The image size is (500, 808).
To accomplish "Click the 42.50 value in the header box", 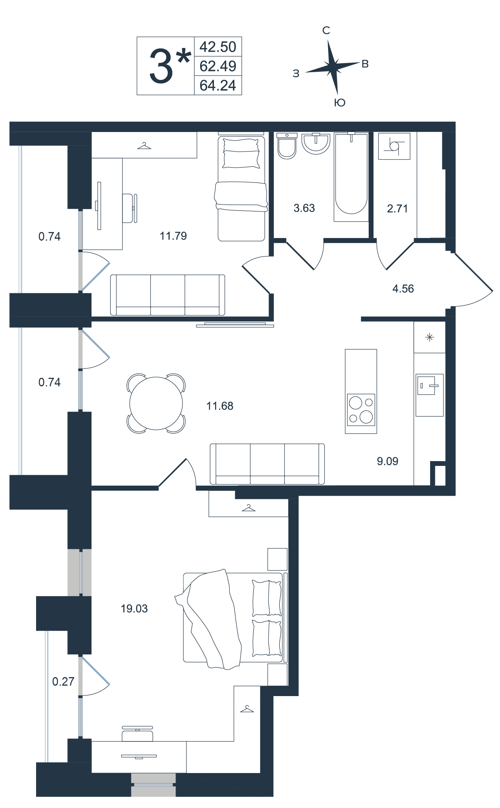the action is pos(218,47).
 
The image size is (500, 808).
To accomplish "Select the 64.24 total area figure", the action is pos(218,86).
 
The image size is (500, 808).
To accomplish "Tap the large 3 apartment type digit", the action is pos(161,67).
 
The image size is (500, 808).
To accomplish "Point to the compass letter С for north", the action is pos(326,30).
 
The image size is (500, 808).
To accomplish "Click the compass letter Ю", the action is pos(340,103).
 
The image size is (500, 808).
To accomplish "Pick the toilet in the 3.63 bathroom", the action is pos(287,146).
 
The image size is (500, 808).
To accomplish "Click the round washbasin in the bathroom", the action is pos(316,144).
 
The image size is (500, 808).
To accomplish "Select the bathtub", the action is pos(351,177).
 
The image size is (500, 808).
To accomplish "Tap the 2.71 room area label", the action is pos(397,209).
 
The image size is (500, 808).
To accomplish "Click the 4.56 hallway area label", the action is pos(403,289).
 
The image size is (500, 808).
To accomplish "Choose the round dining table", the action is pos(156,403).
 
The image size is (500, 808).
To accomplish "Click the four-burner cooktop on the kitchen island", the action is pos(361,409).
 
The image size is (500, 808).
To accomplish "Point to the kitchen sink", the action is pos(430,395).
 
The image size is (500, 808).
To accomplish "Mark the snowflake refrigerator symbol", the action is pos(430,338).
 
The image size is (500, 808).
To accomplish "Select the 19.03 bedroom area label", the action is pos(134,609).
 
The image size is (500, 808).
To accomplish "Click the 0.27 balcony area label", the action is pos(63,682).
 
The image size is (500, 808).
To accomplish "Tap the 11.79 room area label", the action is pos(173,236).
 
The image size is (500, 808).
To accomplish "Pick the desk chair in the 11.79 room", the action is pos(130,208).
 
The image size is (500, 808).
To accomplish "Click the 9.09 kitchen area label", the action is pos(388,461).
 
